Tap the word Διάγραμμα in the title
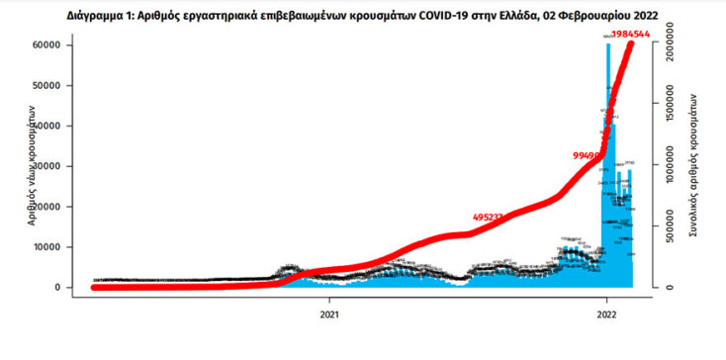pyautogui.click(x=100, y=14)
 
